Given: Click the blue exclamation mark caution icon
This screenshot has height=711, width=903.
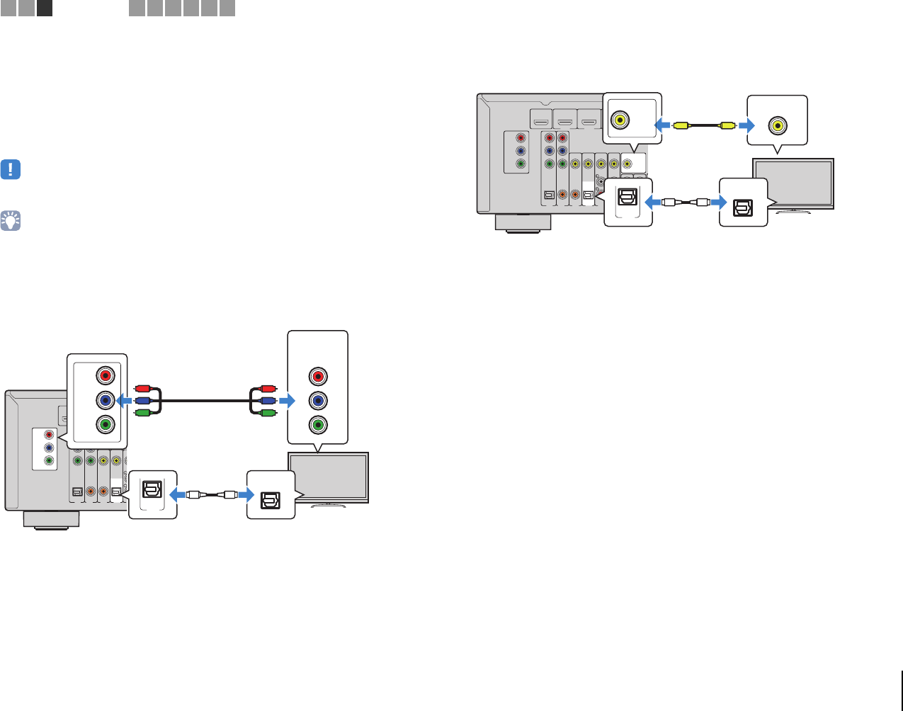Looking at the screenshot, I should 11,170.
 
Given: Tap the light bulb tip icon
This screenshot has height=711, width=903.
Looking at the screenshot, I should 11,220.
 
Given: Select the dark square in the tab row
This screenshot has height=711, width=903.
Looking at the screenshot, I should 44,8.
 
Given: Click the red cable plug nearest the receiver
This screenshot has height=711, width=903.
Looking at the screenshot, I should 141,389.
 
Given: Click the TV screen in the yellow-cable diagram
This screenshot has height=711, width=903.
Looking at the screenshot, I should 793,183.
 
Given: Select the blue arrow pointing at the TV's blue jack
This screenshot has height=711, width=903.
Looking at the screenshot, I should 285,401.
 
